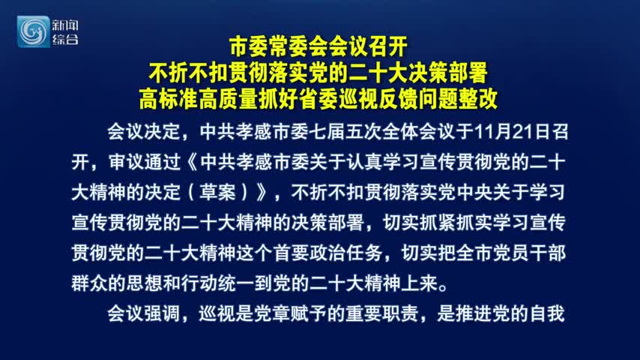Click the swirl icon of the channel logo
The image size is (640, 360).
[x=33, y=31]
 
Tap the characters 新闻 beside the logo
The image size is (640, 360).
[x=65, y=25]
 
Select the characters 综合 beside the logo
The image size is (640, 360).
[x=65, y=39]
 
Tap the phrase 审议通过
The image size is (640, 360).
[x=145, y=162]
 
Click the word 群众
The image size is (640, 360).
[x=89, y=283]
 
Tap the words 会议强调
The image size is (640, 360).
[x=144, y=313]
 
